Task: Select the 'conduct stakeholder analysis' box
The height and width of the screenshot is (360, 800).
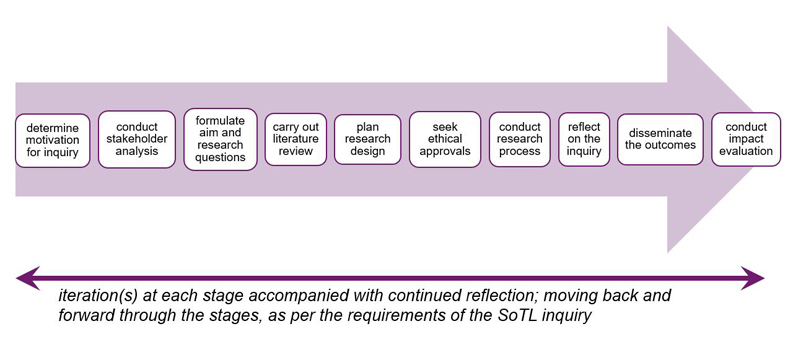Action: click(137, 140)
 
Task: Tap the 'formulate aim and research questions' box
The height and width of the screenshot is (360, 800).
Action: click(221, 140)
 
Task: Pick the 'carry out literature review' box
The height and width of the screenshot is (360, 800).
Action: click(296, 140)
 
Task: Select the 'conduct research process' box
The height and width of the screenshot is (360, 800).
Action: click(520, 140)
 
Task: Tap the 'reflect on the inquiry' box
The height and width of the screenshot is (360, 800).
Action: click(584, 140)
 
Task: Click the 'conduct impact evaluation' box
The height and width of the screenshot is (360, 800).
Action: click(746, 140)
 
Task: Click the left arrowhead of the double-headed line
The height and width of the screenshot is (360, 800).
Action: click(27, 276)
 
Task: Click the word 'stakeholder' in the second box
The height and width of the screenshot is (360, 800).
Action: click(137, 140)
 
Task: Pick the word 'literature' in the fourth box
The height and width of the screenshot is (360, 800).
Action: click(296, 140)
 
